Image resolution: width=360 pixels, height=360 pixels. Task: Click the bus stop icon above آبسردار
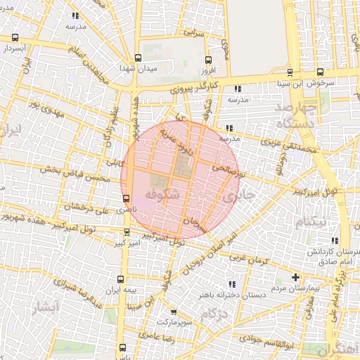pos(15,37)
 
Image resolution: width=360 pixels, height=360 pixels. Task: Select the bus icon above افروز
pos(207,60)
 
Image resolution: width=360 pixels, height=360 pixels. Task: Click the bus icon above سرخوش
pos(321,72)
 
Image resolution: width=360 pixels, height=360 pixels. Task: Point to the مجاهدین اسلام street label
pos(86,64)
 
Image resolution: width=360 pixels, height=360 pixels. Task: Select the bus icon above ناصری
pos(126,198)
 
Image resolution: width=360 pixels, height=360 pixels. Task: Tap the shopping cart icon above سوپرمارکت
pos(174,311)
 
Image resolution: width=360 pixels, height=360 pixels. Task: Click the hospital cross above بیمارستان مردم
pos(295,278)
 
